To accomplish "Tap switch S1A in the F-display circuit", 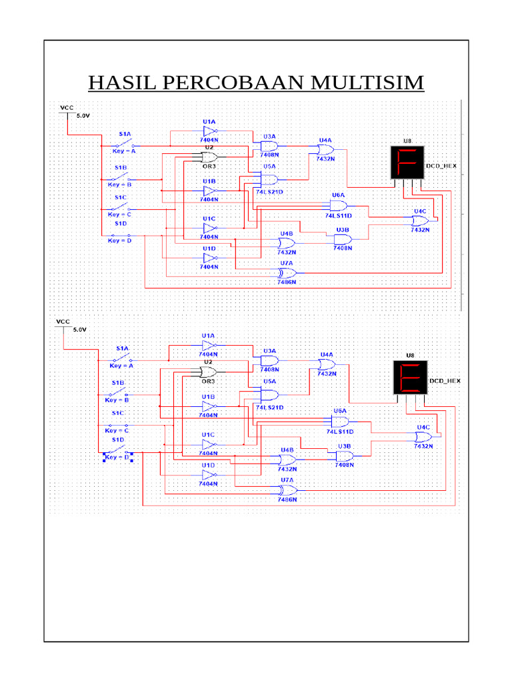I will pos(124,143).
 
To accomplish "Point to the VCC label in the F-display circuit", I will pos(67,107).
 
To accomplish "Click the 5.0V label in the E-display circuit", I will pos(79,330).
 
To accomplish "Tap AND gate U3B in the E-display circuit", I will pos(345,456).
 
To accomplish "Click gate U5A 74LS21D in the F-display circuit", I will pos(269,179).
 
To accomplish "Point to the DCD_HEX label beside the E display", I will pos(445,381).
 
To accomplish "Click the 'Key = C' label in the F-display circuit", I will pos(120,214).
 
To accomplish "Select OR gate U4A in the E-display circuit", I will pos(326,364).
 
